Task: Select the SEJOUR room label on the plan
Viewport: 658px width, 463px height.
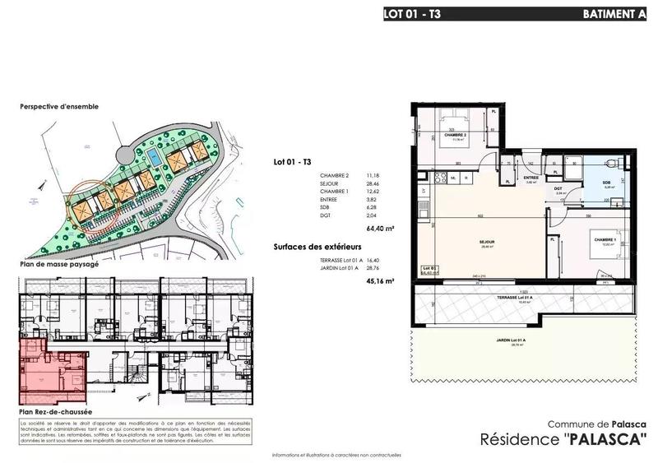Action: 486,241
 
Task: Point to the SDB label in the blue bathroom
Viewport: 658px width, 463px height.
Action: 606,183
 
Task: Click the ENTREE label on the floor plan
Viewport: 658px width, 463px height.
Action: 531,178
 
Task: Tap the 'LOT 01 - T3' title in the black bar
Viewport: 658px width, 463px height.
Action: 418,14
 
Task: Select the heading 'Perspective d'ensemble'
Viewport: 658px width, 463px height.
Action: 59,107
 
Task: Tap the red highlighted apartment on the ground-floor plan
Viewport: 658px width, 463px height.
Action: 51,370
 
